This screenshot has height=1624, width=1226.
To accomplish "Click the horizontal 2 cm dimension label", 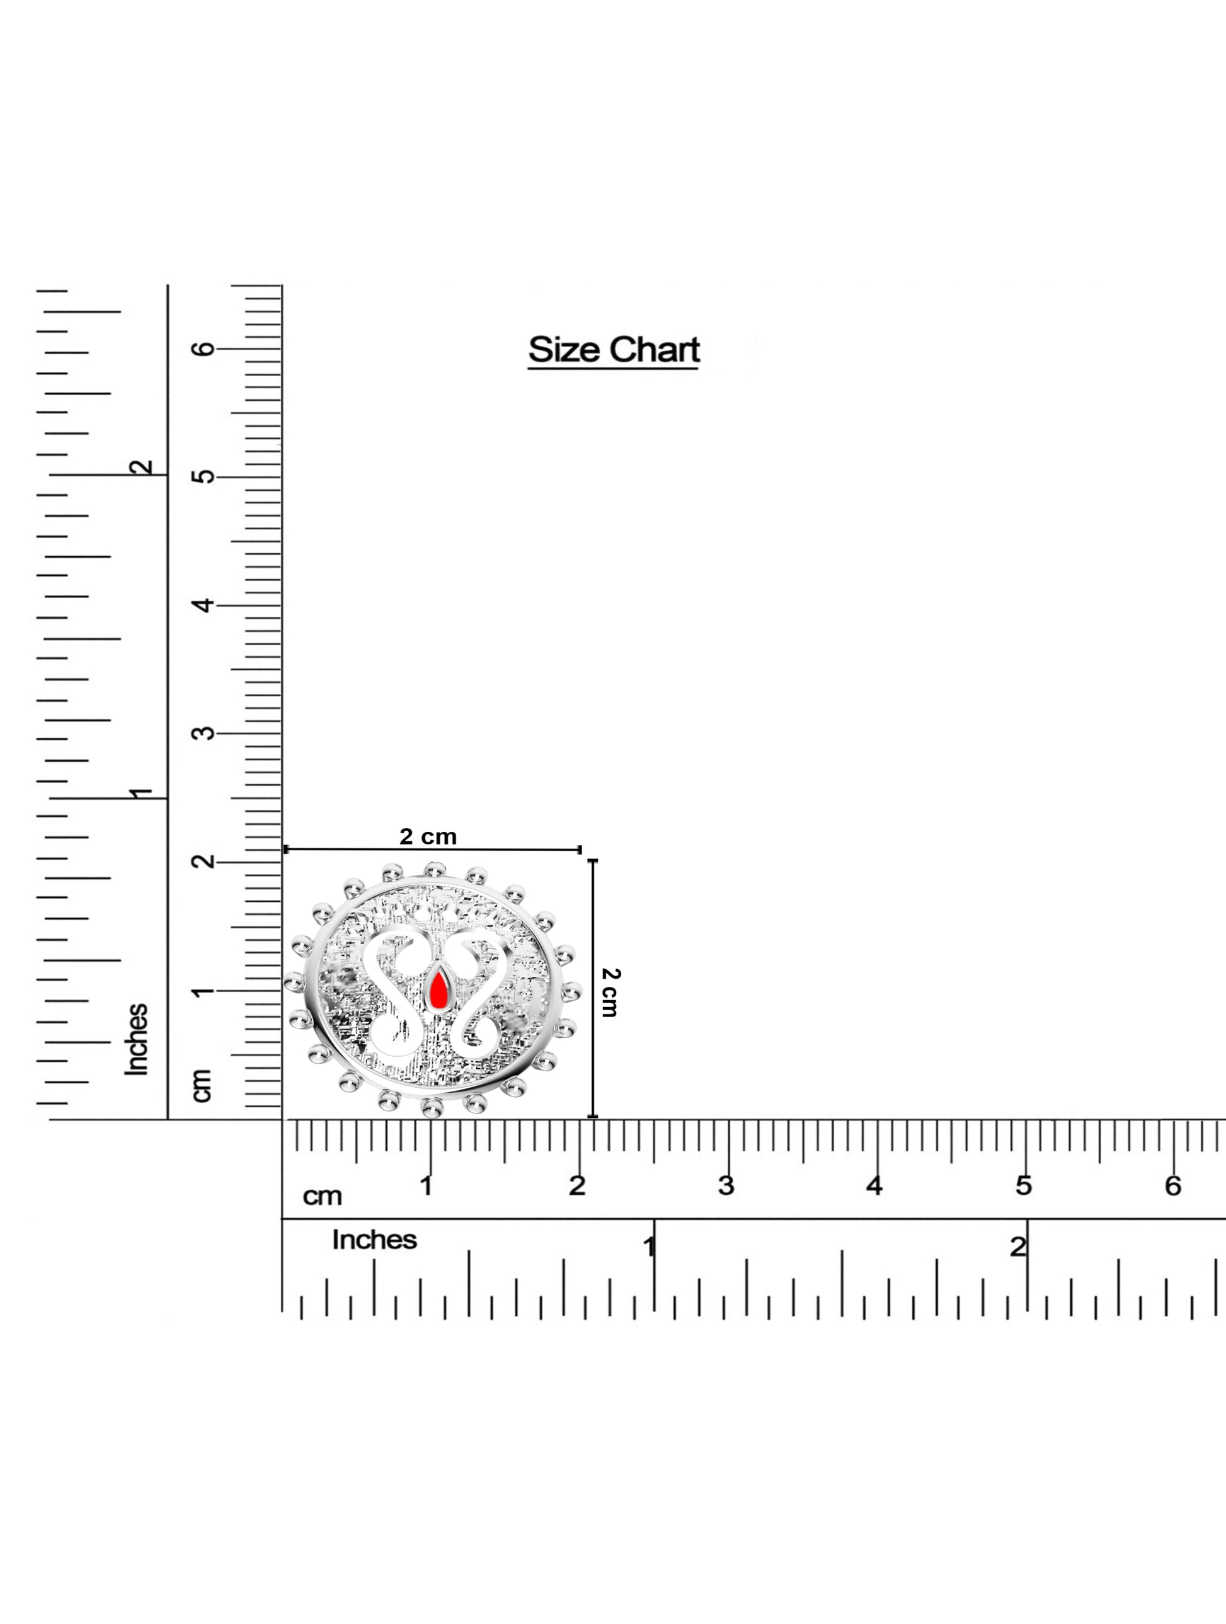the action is coord(428,836).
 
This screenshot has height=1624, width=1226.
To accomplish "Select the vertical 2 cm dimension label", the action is coord(610,992).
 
